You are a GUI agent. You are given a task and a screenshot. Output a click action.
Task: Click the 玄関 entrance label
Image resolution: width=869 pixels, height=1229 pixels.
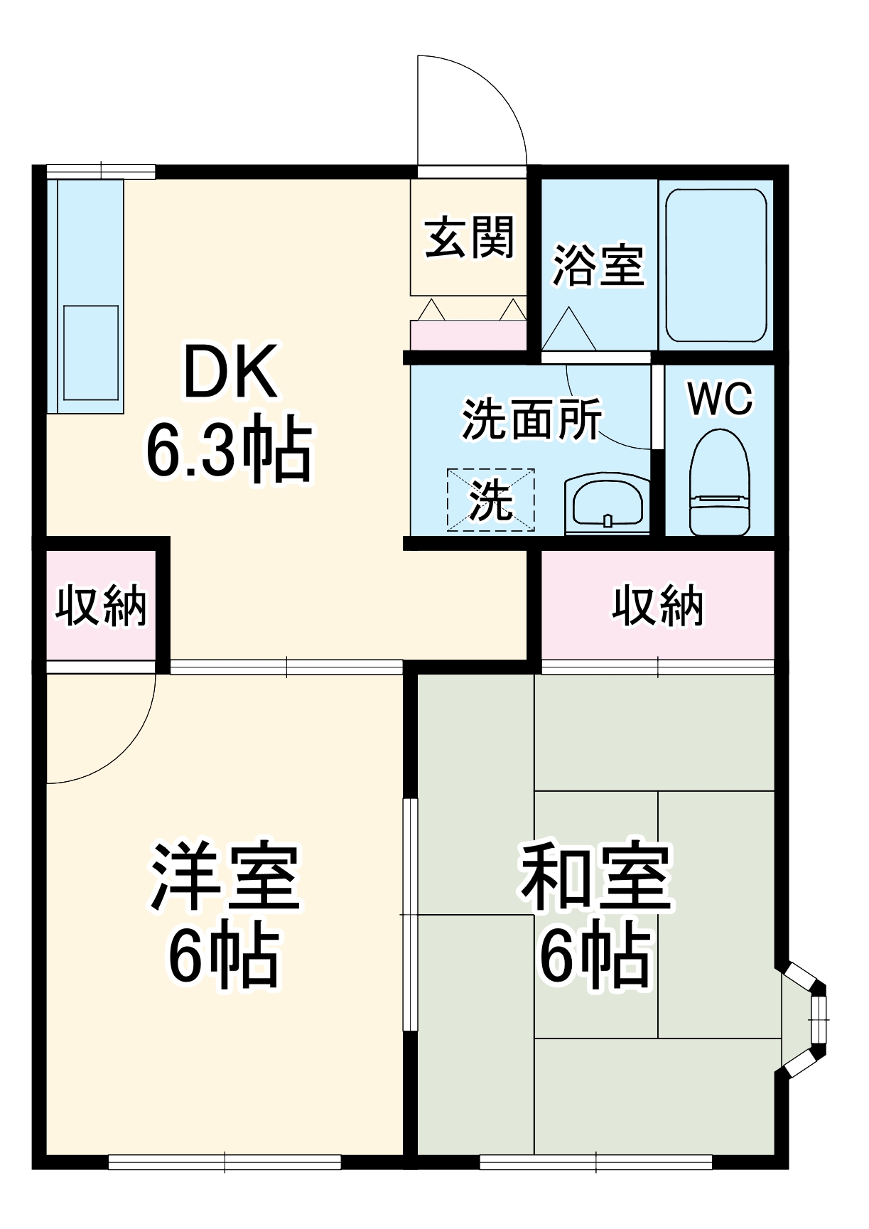pos(469,237)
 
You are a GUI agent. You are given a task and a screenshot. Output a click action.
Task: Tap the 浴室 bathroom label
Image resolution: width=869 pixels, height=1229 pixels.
pos(598,266)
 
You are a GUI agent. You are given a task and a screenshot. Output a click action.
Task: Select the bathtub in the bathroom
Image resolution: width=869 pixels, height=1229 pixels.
pos(716,265)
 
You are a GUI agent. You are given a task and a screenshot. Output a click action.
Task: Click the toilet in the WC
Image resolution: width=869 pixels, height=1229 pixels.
pos(720,483)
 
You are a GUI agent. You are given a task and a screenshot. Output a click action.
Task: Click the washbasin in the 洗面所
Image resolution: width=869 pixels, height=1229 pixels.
pos(607,504)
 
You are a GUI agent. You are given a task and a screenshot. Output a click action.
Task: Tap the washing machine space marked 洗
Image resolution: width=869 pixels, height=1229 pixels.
pos(490,500)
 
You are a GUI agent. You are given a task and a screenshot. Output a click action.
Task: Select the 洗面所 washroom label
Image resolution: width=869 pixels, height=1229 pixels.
pos(531,419)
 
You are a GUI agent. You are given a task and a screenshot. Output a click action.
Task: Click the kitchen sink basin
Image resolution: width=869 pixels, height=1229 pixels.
pos(91,353)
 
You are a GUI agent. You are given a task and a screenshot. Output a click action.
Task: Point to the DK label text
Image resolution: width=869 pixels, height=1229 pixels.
pos(230,372)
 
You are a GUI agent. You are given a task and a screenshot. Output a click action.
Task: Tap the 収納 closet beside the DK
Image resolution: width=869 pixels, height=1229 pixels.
pos(101,606)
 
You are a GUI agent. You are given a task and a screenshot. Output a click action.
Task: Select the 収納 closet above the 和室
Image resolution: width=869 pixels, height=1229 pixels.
pos(658,606)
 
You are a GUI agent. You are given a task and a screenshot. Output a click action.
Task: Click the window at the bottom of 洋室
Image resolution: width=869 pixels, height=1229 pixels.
pos(225,1161)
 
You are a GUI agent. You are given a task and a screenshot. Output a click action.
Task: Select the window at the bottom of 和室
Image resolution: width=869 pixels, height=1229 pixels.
pos(595,1161)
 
